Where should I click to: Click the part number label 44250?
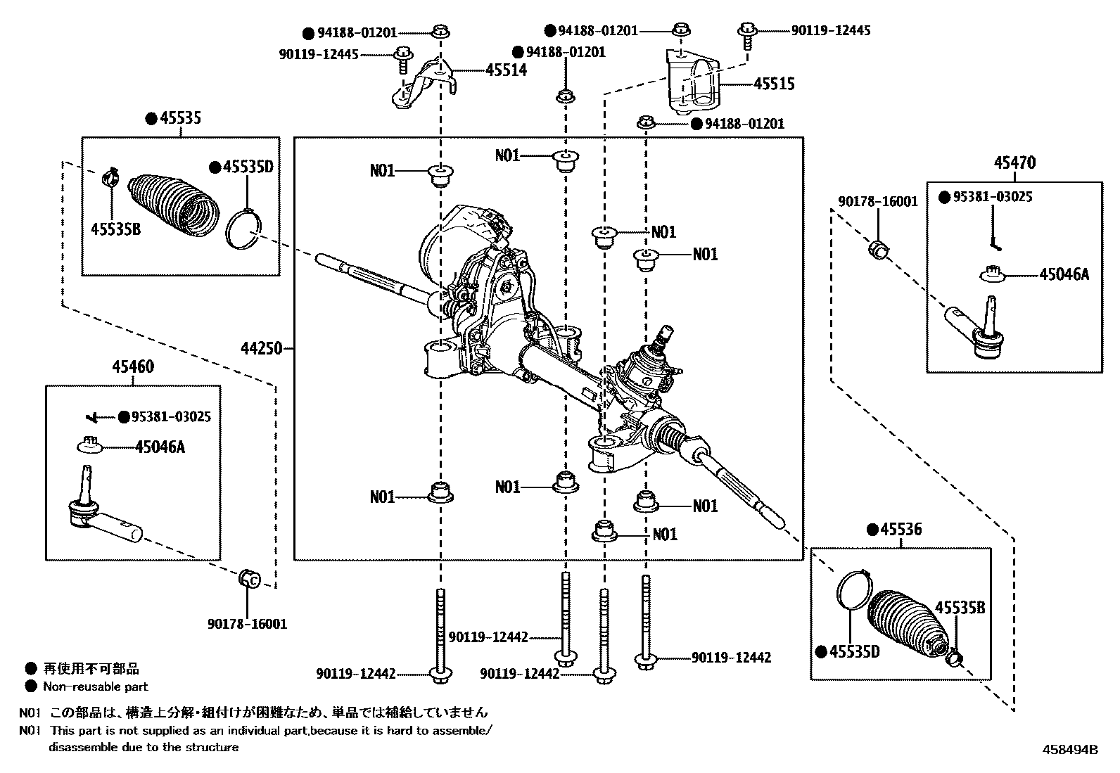click(261, 348)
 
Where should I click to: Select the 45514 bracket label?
click(505, 70)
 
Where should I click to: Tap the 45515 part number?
click(774, 84)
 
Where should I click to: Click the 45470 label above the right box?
click(1014, 163)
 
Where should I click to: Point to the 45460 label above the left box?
click(133, 366)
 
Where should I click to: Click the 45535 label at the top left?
click(179, 118)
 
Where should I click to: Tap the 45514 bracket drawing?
click(422, 84)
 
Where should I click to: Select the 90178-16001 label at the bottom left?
click(247, 624)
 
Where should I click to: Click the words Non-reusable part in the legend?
click(96, 686)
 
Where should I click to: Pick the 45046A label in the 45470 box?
click(1064, 274)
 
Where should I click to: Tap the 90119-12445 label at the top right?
click(830, 31)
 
